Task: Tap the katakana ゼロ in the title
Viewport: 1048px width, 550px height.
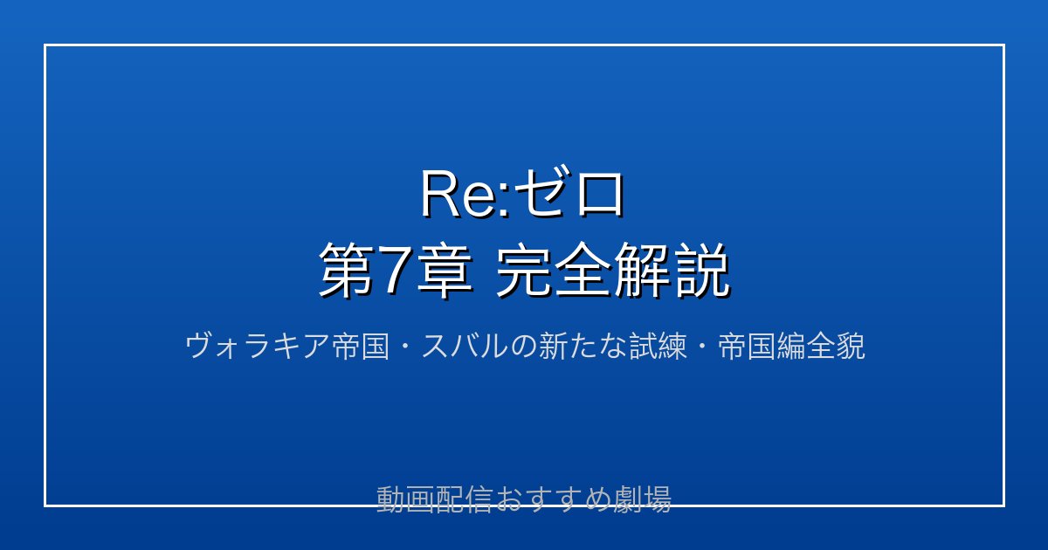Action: click(x=569, y=193)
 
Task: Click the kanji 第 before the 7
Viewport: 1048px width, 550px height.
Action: click(x=347, y=271)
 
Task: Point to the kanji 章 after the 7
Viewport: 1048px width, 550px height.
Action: click(x=444, y=271)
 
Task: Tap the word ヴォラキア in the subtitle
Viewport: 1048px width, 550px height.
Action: click(x=258, y=347)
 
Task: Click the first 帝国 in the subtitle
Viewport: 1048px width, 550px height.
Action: click(x=360, y=347)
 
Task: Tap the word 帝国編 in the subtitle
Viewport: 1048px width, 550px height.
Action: click(x=762, y=347)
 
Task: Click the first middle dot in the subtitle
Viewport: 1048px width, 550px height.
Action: click(x=405, y=347)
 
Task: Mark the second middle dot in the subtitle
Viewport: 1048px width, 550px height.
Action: click(x=702, y=347)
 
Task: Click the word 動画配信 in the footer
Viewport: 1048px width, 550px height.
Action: click(x=434, y=499)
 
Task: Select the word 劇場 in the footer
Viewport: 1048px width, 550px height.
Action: click(x=643, y=499)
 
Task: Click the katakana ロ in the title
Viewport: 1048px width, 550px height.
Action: click(x=600, y=194)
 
